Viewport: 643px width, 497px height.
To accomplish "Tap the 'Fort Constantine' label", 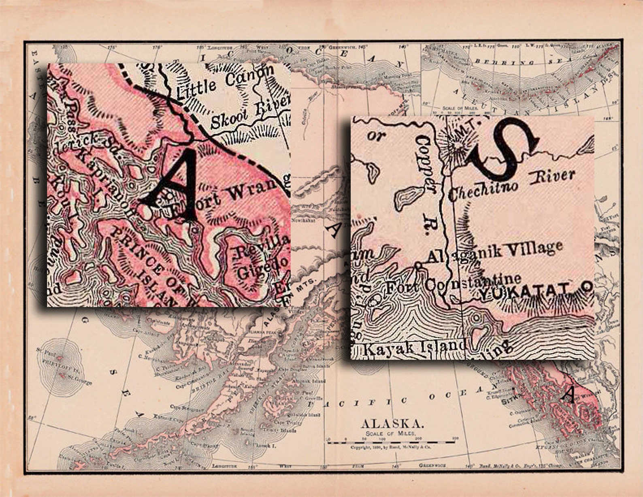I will (452, 284).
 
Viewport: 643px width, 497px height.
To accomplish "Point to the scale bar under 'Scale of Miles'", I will (392, 443).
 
